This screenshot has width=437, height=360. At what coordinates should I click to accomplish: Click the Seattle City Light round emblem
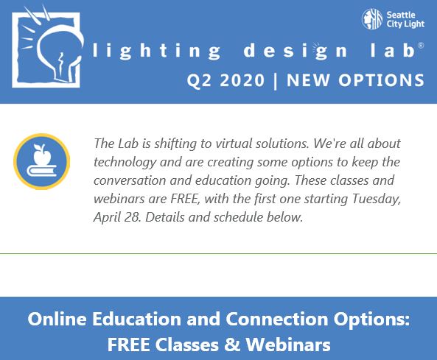[x=372, y=19]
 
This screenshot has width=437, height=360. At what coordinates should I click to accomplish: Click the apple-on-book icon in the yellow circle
[x=42, y=161]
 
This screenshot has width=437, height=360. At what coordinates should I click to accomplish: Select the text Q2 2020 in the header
[x=226, y=81]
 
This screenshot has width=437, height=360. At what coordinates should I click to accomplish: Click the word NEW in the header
[x=309, y=80]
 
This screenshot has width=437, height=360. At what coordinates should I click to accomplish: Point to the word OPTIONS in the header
[x=381, y=80]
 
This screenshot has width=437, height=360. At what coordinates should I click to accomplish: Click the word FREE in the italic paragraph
[x=185, y=199]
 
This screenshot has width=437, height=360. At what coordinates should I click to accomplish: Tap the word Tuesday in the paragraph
[x=377, y=200]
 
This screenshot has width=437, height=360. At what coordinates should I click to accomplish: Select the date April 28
[x=117, y=217]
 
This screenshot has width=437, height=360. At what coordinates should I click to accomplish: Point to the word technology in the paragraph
[x=125, y=162]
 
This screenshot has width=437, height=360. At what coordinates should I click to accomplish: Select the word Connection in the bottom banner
[x=277, y=319]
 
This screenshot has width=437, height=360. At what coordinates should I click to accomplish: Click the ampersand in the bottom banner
[x=232, y=345]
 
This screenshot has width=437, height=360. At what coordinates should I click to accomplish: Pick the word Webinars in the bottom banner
[x=288, y=345]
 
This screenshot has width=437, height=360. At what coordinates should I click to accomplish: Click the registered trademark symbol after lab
[x=421, y=46]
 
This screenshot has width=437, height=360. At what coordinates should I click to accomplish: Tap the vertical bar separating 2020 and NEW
[x=276, y=81]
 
